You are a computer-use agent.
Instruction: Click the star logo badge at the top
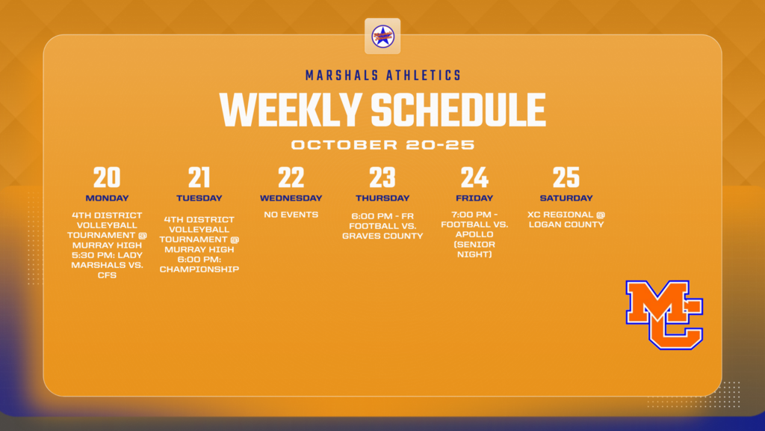tap(382, 36)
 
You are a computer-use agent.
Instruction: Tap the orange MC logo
tap(664, 314)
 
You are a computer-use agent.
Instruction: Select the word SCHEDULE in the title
tap(458, 110)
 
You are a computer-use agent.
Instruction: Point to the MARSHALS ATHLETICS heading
tap(382, 76)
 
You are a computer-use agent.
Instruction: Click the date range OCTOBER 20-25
tap(382, 144)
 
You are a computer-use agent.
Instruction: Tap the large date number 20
tap(107, 178)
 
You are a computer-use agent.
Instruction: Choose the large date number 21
tap(199, 178)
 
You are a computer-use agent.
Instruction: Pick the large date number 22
tap(291, 178)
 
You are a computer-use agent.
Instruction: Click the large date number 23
tap(382, 178)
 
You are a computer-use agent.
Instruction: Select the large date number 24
tap(474, 178)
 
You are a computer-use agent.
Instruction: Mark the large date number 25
tap(566, 178)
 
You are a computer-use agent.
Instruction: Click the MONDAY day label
tap(107, 198)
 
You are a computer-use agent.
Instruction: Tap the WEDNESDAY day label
tap(291, 198)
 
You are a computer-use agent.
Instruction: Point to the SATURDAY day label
tap(566, 198)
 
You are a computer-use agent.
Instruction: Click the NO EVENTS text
tap(291, 215)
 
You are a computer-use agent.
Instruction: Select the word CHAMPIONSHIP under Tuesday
tap(199, 269)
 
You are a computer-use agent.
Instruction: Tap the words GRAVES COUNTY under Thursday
tap(382, 236)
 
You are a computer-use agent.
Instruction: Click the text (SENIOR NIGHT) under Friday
tap(474, 249)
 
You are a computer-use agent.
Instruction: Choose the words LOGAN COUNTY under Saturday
tap(566, 224)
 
